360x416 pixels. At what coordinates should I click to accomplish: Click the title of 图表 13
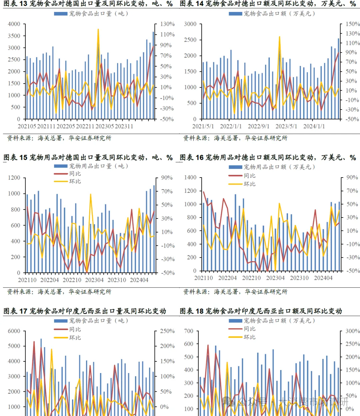coord(88,4)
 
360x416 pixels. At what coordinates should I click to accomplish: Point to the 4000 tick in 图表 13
coord(14,24)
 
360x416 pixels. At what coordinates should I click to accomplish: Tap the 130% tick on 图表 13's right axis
coord(167,24)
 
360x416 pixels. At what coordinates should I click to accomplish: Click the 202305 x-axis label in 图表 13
coord(105,126)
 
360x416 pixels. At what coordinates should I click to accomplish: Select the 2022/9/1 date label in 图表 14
coord(259,126)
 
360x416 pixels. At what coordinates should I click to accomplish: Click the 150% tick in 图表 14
coord(352,24)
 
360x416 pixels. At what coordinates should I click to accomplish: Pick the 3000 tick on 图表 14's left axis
coord(190,24)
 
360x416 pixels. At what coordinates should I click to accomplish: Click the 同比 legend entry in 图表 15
coord(75,174)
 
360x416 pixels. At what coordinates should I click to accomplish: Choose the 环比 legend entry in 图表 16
coord(250,184)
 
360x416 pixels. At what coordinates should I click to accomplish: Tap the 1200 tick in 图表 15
coord(14,178)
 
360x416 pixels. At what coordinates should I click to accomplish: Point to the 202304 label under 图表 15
coord(94,280)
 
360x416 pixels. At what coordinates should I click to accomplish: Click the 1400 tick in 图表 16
coord(190,178)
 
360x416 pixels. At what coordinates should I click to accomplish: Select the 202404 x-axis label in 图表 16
coord(323,278)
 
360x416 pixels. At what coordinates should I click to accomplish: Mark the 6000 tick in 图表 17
coord(14,331)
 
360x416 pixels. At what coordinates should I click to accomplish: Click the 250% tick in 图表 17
coord(167,331)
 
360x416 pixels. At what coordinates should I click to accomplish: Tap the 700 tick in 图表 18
coord(189,331)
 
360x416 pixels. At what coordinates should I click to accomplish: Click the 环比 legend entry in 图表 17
coord(75,337)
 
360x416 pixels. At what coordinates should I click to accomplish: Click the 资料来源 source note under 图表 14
coord(235,138)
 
